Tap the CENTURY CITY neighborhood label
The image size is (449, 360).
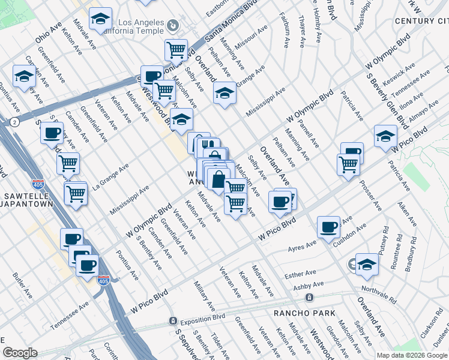[421, 22]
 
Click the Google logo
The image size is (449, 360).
[20, 353]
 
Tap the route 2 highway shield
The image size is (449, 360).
[14, 122]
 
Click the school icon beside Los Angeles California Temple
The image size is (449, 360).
[100, 19]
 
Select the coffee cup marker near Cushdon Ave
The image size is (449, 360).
[328, 227]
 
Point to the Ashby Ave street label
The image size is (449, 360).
[308, 286]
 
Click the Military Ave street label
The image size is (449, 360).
[204, 298]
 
